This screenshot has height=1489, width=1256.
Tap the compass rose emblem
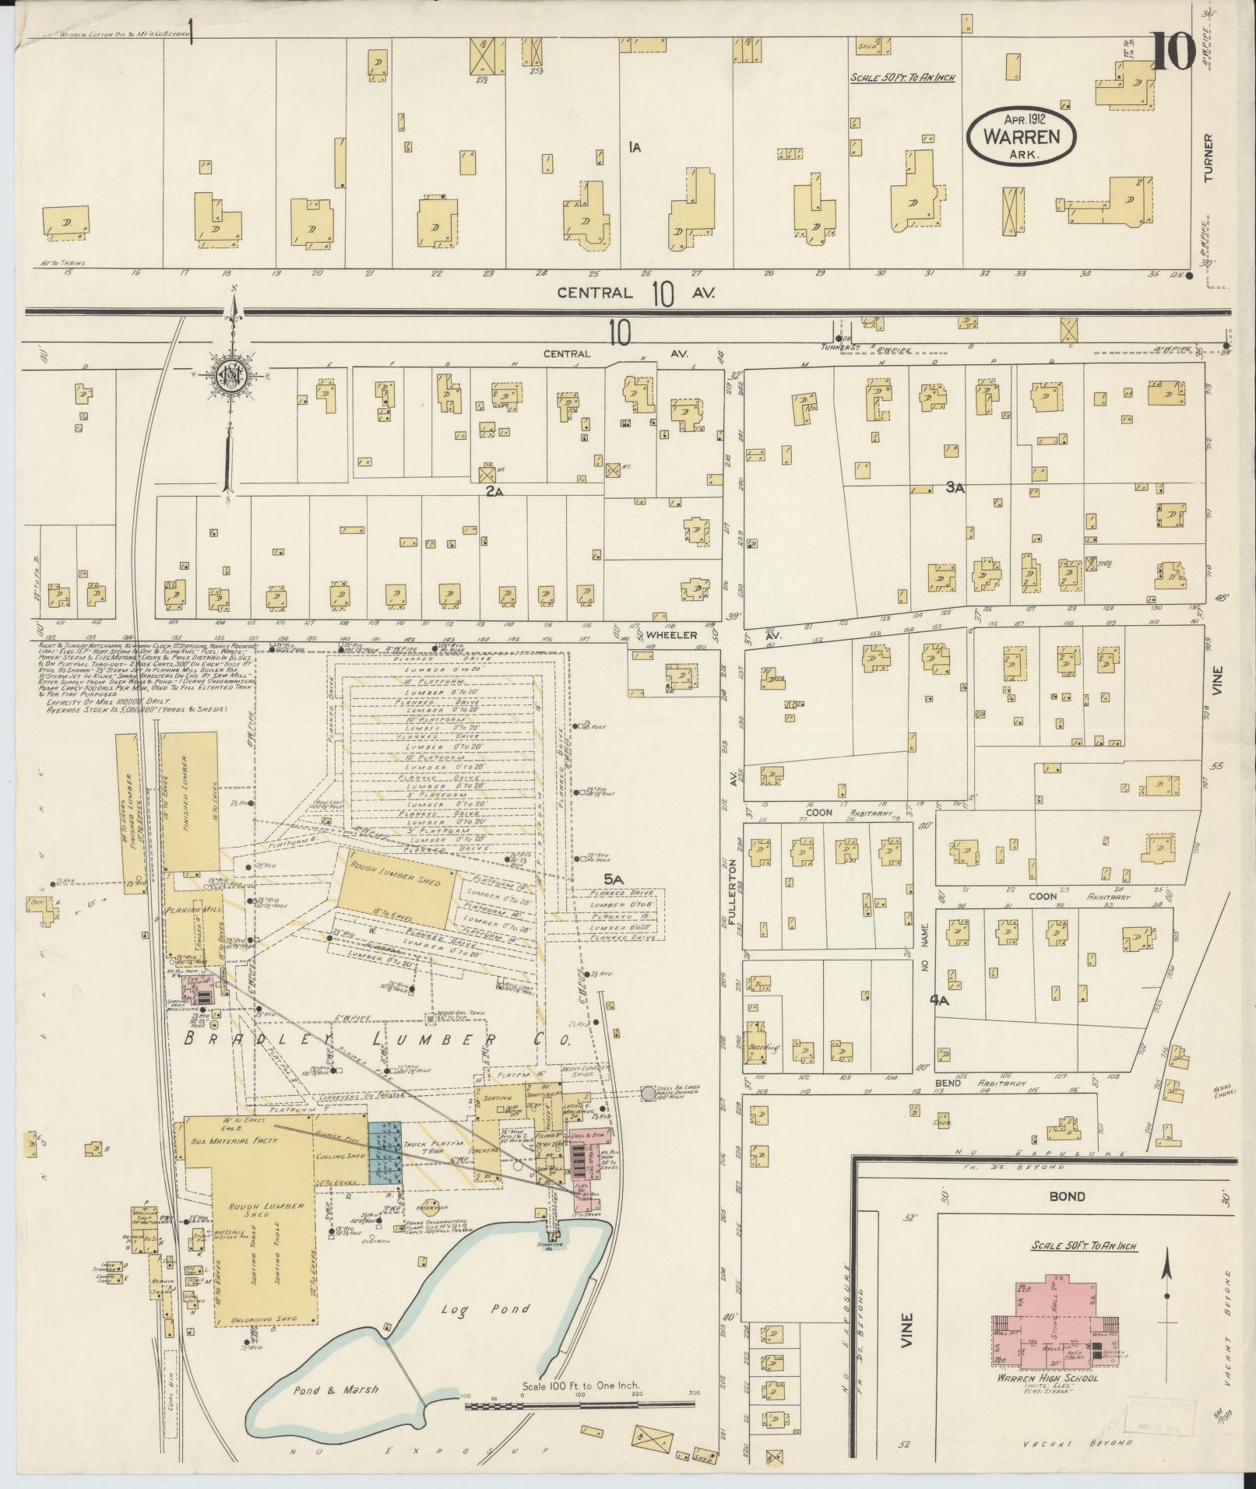pyautogui.click(x=231, y=374)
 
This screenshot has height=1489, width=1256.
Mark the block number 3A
pyautogui.click(x=955, y=487)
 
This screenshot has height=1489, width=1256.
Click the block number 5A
pyautogui.click(x=615, y=879)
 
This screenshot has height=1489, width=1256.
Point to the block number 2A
pyautogui.click(x=496, y=490)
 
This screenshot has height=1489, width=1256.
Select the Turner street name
pyautogui.click(x=1208, y=158)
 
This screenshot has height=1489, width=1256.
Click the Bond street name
pyautogui.click(x=1067, y=1196)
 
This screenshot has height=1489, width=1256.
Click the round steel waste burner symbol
pyautogui.click(x=648, y=1094)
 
